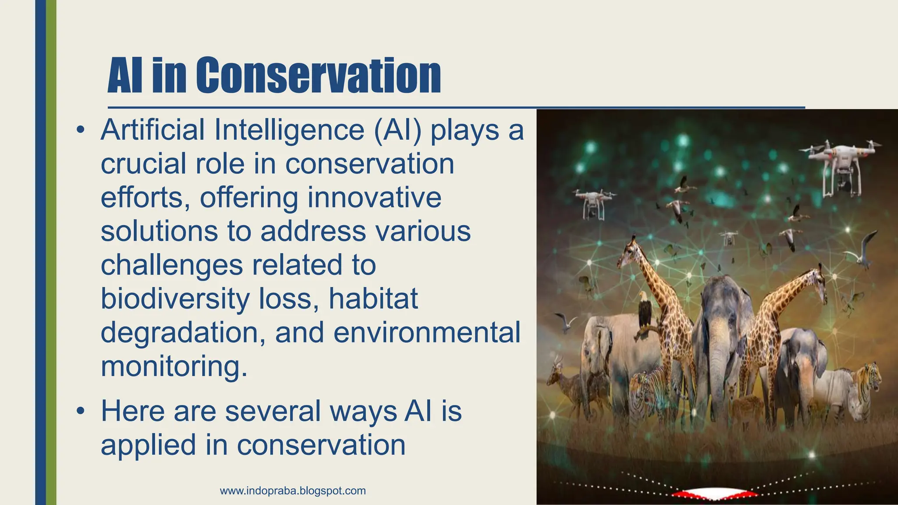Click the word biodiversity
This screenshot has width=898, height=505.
(175, 299)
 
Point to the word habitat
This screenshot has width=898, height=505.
(373, 299)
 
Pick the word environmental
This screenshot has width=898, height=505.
(427, 333)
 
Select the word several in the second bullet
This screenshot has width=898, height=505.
(273, 411)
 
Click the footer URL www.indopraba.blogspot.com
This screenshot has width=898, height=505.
(292, 491)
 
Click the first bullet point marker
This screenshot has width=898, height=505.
(80, 130)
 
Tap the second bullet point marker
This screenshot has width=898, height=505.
(80, 412)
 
